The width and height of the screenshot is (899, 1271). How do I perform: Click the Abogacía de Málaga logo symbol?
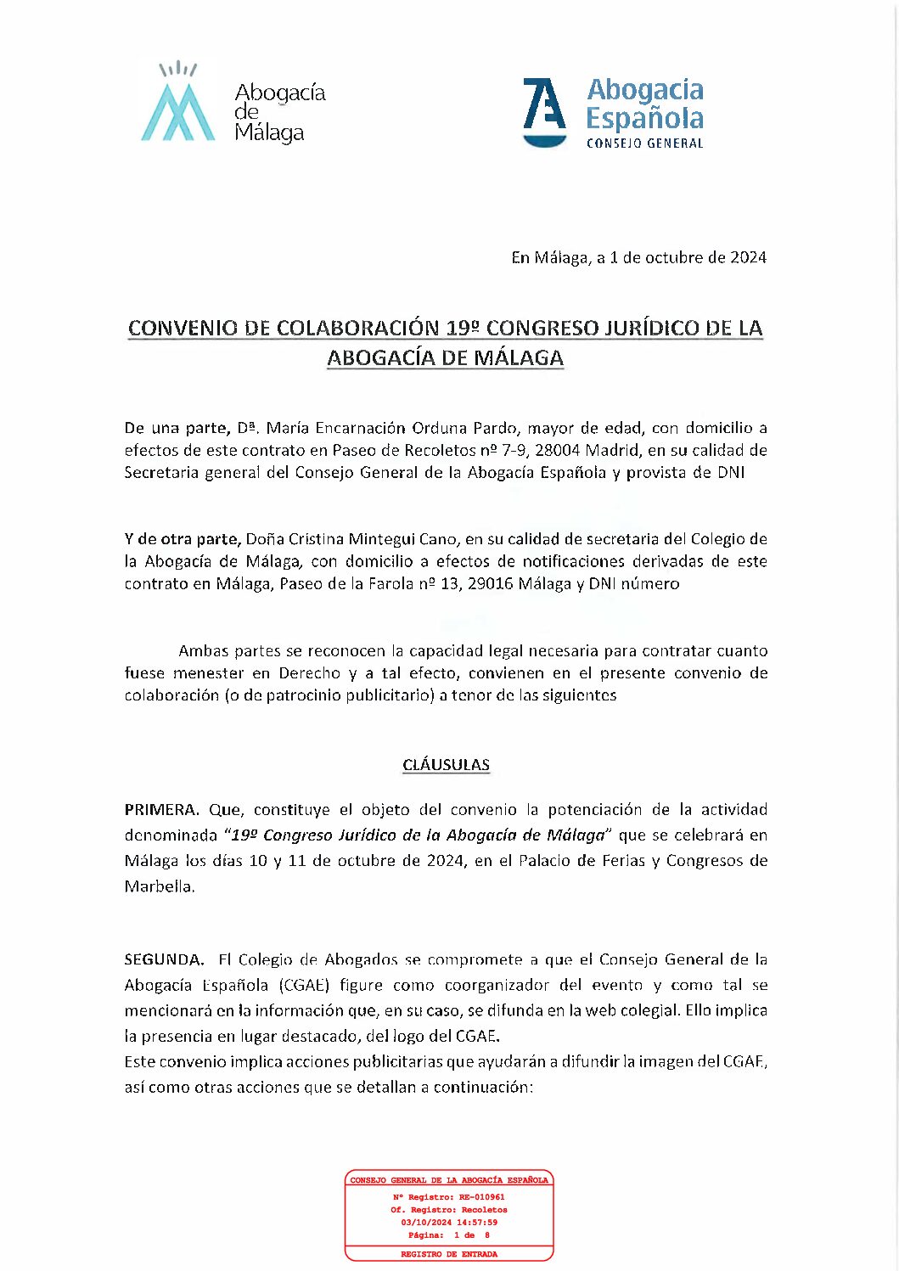click(177, 104)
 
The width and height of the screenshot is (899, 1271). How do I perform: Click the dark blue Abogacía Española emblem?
click(544, 110)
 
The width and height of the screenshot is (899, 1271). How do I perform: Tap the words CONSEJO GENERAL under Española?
click(644, 143)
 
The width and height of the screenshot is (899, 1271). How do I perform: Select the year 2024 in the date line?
click(748, 257)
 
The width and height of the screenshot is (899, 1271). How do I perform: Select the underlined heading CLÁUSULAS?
click(446, 765)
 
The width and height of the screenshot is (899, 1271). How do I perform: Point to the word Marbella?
click(159, 886)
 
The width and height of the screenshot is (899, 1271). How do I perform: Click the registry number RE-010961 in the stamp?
click(482, 1197)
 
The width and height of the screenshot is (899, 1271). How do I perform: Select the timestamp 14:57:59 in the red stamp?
click(479, 1223)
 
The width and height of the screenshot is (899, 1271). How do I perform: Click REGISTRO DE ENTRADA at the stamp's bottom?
click(449, 1254)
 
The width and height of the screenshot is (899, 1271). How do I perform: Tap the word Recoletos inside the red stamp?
click(484, 1210)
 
